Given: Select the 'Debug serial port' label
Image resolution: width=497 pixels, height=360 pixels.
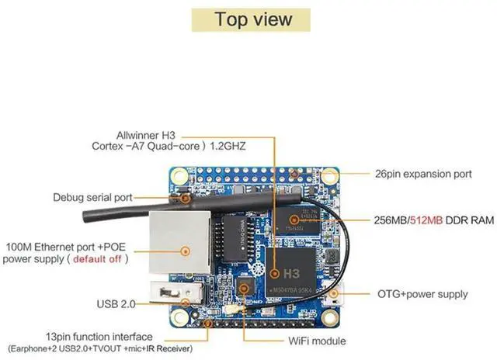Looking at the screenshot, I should (92, 197).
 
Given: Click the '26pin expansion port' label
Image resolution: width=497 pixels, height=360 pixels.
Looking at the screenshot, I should (422, 175).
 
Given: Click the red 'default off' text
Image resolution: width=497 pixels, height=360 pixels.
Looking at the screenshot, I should (97, 259).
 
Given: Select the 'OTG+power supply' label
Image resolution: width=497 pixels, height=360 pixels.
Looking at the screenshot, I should (422, 294).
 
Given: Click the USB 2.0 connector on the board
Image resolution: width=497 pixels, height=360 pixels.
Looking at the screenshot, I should (182, 296).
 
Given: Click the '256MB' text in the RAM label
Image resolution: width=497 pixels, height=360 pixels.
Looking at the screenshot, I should (391, 221).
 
